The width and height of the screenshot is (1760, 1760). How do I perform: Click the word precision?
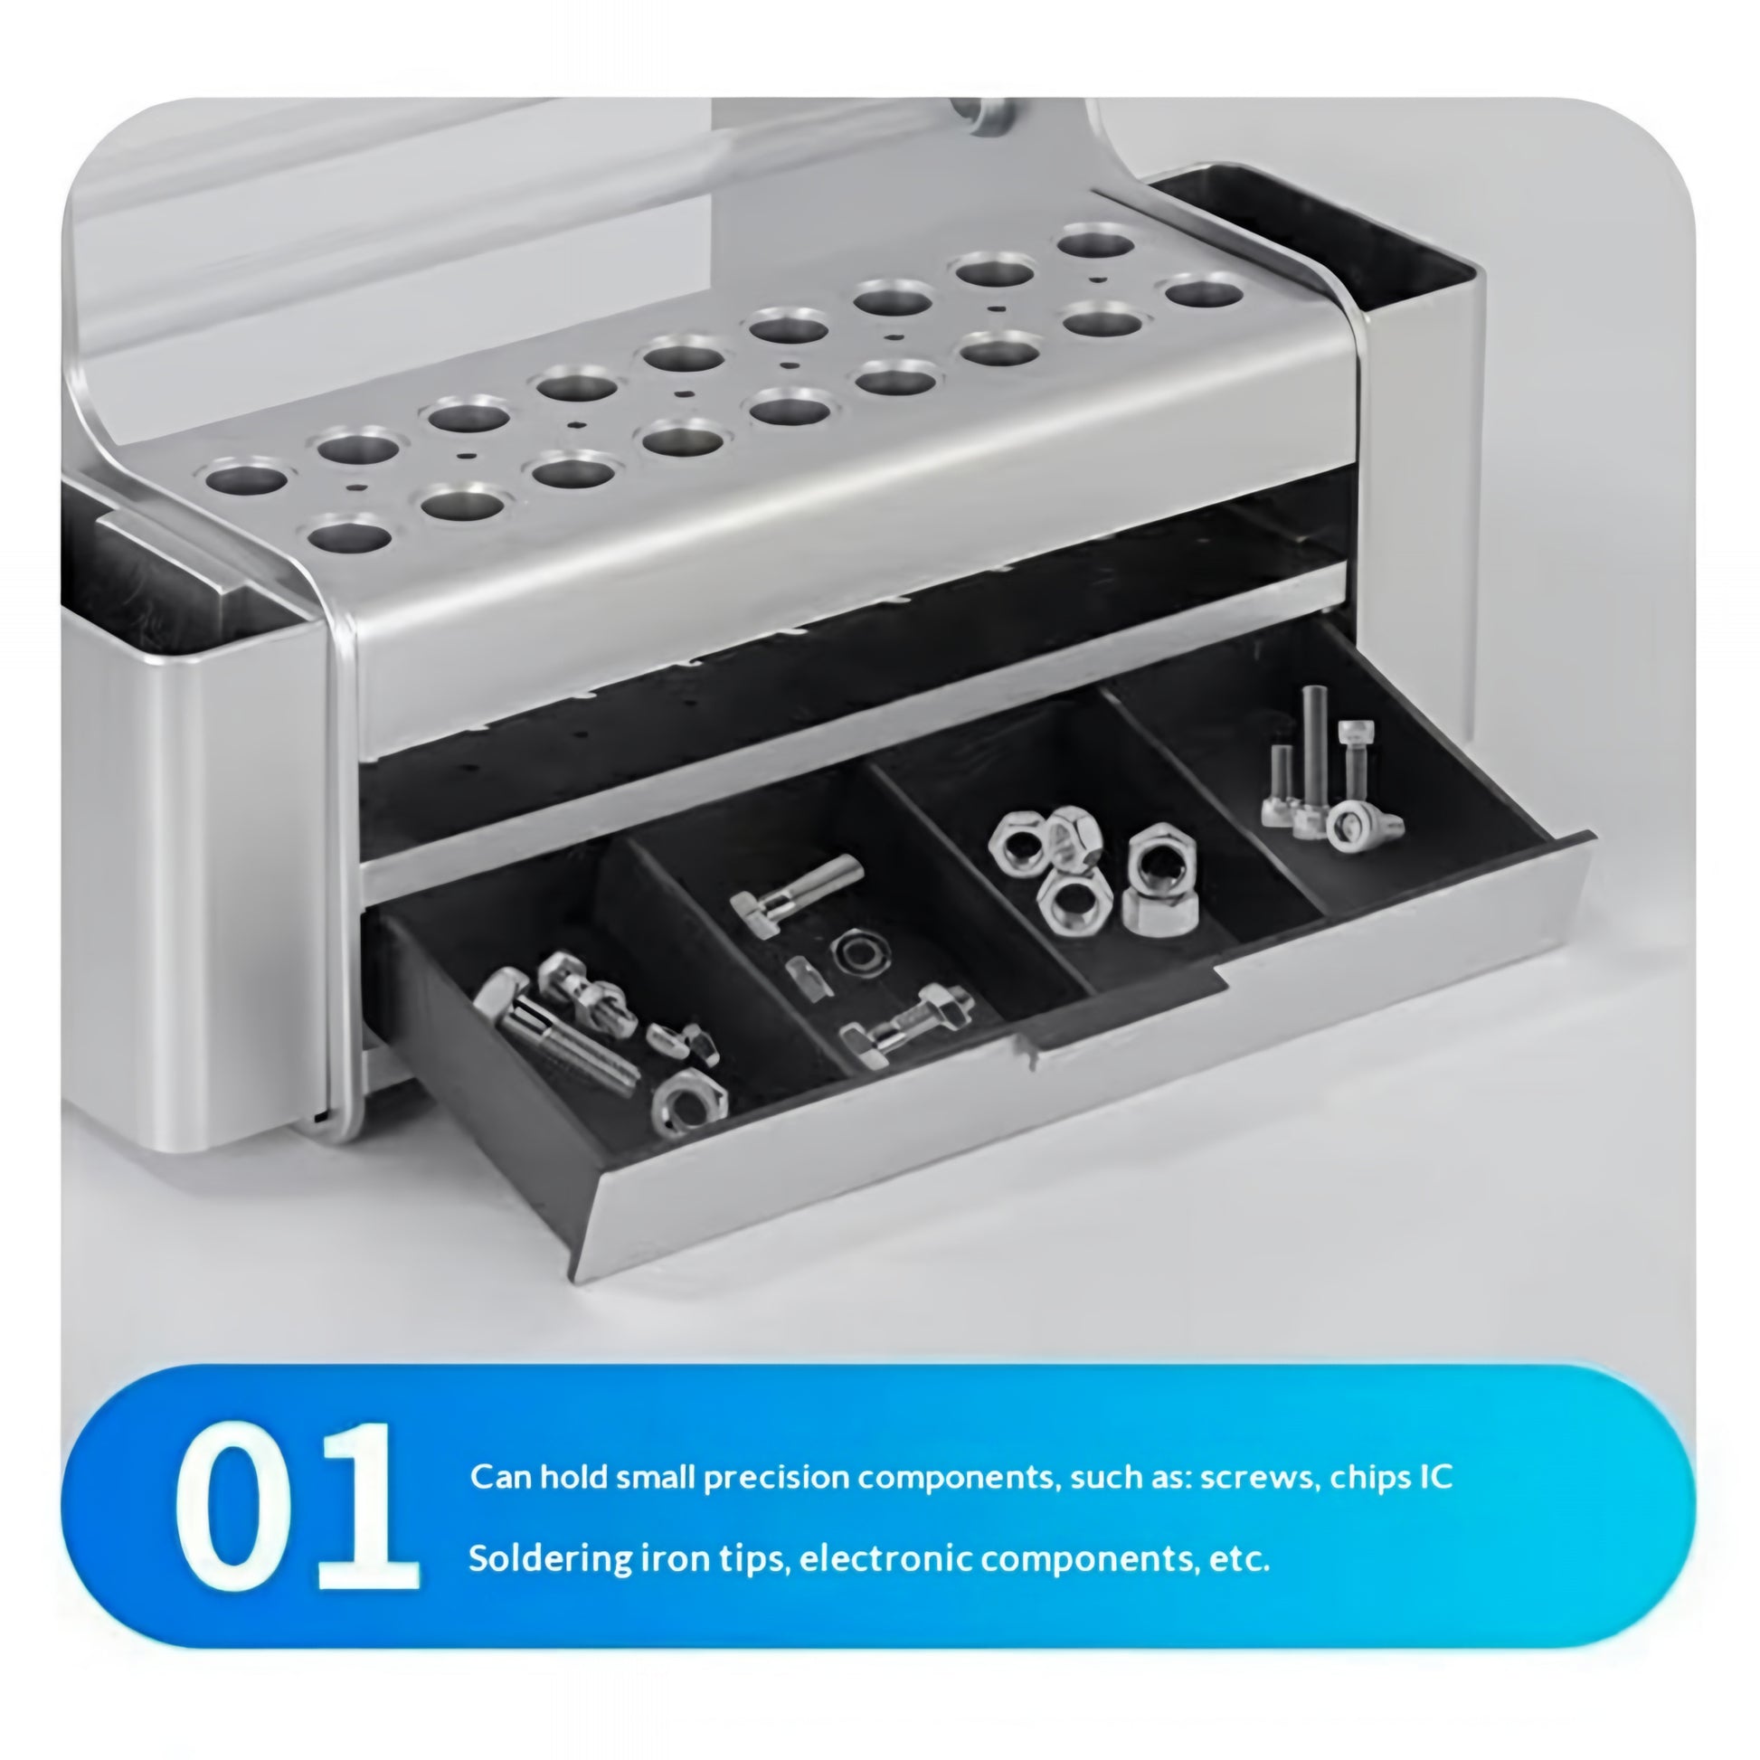coord(776,1478)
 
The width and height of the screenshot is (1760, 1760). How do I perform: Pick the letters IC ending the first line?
coord(1434,1476)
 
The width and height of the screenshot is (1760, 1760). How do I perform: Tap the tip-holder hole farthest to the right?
coord(1206,293)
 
